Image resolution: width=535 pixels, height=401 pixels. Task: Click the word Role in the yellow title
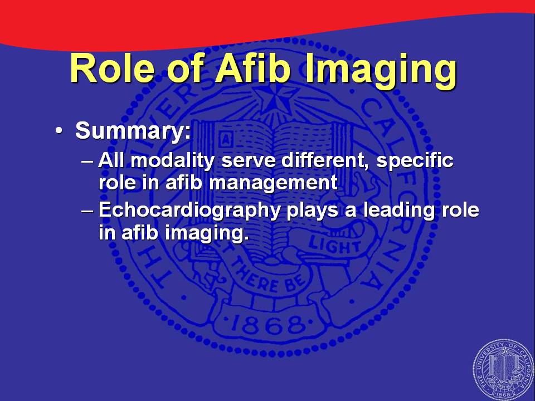pos(112,69)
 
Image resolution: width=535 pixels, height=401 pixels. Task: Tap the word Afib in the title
pos(253,68)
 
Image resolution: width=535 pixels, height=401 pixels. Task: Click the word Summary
pos(133,130)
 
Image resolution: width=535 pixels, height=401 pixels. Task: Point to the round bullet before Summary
pos(59,131)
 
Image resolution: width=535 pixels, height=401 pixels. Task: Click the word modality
pos(173,160)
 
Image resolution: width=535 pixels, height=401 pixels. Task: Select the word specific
pos(415,161)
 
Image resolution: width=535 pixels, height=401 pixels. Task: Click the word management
pos(273,183)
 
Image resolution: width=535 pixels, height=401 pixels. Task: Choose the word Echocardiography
pos(189,210)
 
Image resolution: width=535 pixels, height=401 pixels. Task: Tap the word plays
pos(313,211)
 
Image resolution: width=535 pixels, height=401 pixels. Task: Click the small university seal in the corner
pos(504,370)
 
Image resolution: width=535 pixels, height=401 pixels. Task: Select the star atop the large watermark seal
pos(273,99)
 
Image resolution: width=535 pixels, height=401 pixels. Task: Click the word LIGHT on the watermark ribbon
pos(334,246)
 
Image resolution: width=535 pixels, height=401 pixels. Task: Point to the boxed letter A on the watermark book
pos(226,140)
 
